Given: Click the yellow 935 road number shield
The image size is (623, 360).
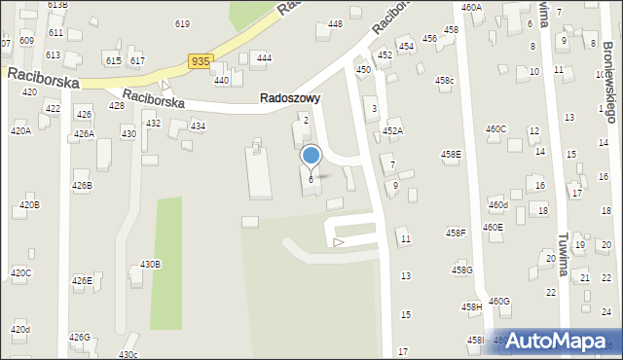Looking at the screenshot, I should [x=200, y=61].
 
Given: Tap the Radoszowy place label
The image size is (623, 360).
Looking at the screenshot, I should [x=290, y=98].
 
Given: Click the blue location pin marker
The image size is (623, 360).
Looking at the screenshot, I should [x=311, y=156].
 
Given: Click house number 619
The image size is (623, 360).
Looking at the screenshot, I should [x=182, y=23].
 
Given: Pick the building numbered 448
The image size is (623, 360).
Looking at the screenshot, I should [x=335, y=24].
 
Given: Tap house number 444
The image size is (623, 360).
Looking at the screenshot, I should [x=264, y=58].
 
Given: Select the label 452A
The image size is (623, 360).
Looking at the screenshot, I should [x=392, y=130].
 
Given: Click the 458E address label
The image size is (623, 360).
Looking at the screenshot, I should [x=451, y=154].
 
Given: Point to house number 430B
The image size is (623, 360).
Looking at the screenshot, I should [x=150, y=265].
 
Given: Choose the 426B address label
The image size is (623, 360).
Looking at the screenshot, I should [x=82, y=185].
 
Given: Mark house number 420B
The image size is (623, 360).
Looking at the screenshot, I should [x=29, y=205].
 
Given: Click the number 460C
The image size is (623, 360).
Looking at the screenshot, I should [x=495, y=128].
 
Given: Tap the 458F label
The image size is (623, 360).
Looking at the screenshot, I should [x=456, y=233].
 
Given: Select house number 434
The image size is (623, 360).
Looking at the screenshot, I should [x=198, y=126].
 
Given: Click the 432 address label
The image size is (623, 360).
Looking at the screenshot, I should [x=153, y=124].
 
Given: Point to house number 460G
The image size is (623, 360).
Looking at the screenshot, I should [x=499, y=302].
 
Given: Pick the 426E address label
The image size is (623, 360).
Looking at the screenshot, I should [x=82, y=281].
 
